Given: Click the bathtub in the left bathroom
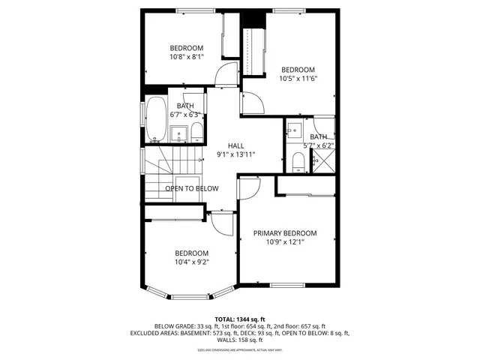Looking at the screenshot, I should pyautogui.click(x=156, y=120).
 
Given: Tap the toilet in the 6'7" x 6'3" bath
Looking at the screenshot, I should pyautogui.click(x=196, y=133).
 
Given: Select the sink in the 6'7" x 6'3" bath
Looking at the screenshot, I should pyautogui.click(x=179, y=134).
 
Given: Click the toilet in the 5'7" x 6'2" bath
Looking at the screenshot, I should pyautogui.click(x=298, y=161).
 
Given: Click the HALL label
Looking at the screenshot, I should pyautogui.click(x=236, y=145).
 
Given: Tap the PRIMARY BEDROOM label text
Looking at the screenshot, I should pyautogui.click(x=285, y=233).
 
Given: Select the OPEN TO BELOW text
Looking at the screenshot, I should pyautogui.click(x=192, y=189).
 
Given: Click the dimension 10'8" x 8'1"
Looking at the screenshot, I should pyautogui.click(x=187, y=56).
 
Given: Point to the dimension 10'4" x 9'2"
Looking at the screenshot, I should pyautogui.click(x=191, y=262).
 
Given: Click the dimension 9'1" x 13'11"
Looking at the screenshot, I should pyautogui.click(x=236, y=154).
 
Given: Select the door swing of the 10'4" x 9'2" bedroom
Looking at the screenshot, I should pyautogui.click(x=223, y=223).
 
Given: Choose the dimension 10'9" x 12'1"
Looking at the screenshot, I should pyautogui.click(x=285, y=242).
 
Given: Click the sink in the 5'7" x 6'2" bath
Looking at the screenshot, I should pyautogui.click(x=293, y=129).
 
